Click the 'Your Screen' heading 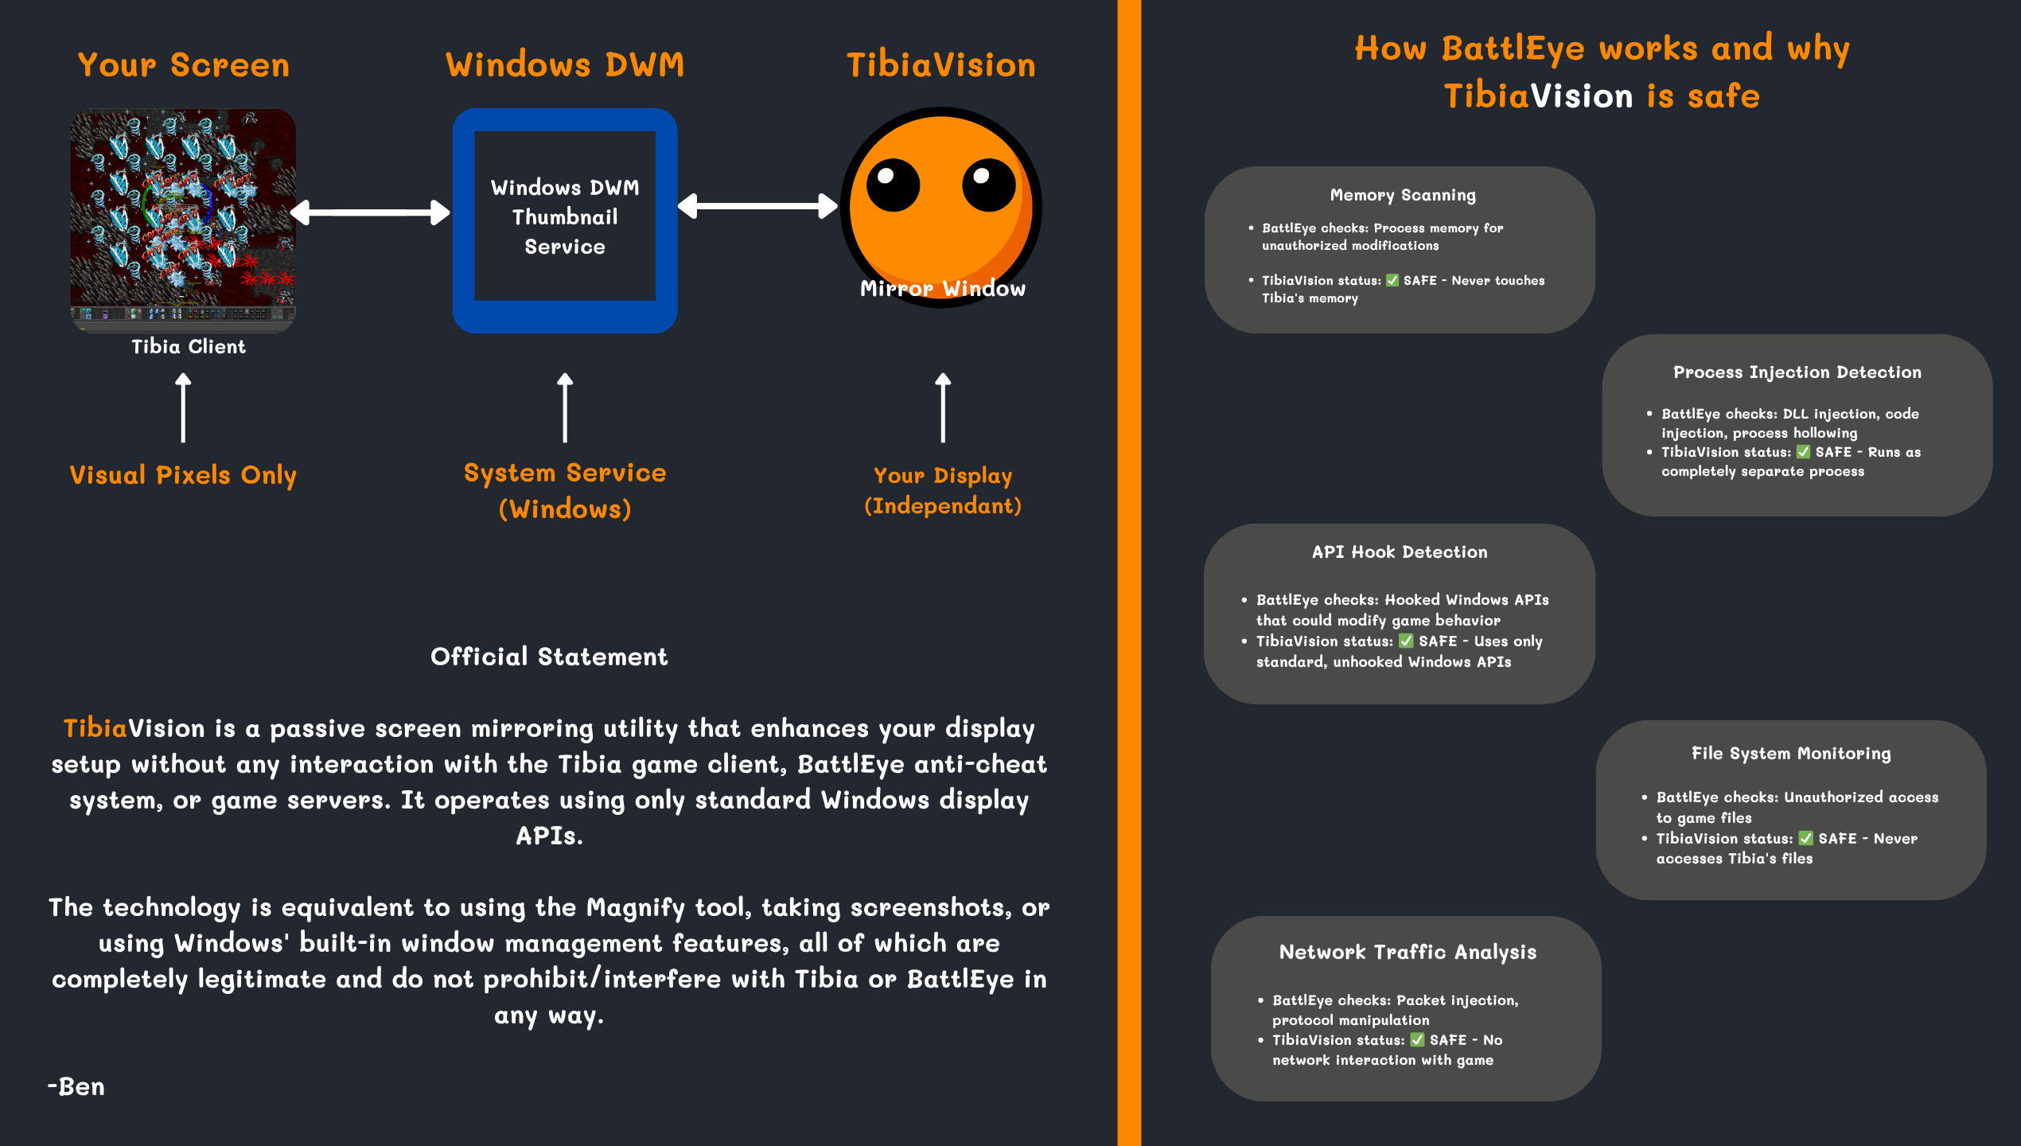184,65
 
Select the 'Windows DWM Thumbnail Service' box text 565,216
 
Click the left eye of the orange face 893,185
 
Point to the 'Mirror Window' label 942,289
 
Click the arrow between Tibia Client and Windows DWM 370,212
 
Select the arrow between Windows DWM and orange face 757,206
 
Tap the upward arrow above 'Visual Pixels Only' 183,407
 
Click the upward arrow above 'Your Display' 943,407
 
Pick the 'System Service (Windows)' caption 565,490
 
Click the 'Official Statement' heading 549,657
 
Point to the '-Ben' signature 76,1086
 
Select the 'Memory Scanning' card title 1403,195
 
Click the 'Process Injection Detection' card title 1797,372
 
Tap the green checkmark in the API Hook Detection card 1406,641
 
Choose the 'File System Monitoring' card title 1791,754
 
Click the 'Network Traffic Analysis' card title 1408,952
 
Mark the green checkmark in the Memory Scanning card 1392,280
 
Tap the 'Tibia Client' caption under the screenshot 189,347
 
